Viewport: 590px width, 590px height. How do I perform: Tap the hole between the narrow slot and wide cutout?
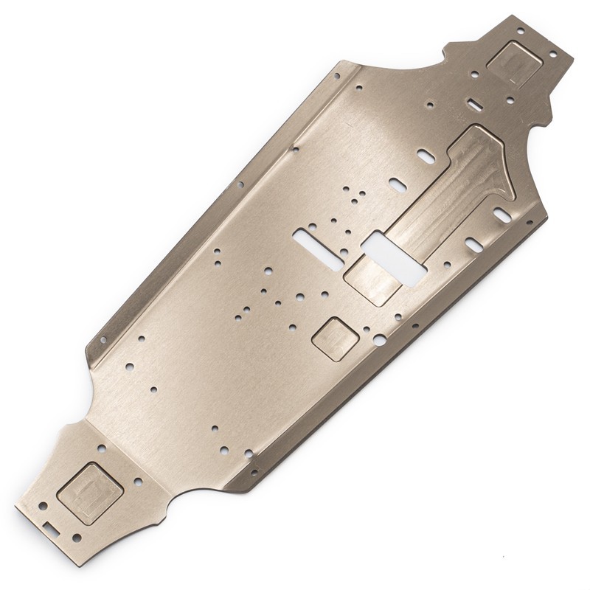pos(344,253)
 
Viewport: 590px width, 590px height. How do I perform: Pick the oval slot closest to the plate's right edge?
pos(501,215)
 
